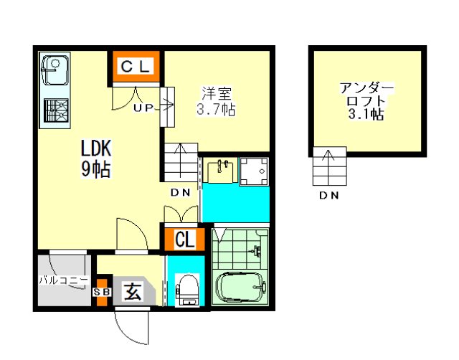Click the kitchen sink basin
click(x=55, y=70)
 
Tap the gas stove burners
click(x=56, y=110)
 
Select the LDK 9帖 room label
click(x=96, y=158)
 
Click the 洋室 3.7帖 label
click(x=216, y=101)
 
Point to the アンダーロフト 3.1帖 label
click(x=366, y=101)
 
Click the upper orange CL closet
click(x=136, y=67)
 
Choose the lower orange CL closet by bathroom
click(x=184, y=240)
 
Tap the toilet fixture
click(x=187, y=290)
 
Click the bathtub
click(x=241, y=288)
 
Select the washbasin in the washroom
click(x=220, y=171)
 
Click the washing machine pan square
click(x=254, y=171)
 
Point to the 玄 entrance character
click(x=133, y=291)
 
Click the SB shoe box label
click(x=102, y=292)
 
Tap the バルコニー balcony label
click(x=64, y=280)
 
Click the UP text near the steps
click(x=143, y=108)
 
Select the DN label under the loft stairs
click(x=329, y=195)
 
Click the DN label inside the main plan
click(x=181, y=192)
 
